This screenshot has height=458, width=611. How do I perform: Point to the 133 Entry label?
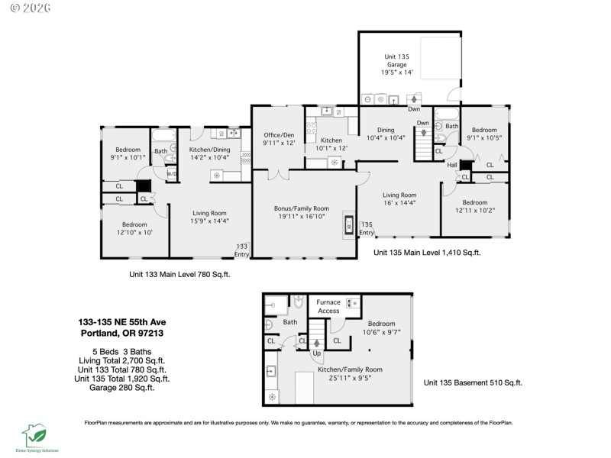click(x=242, y=249)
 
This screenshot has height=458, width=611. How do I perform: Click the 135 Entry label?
click(x=367, y=228)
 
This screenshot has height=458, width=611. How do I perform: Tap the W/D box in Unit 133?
click(x=172, y=173)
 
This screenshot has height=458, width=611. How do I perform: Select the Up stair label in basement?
click(x=316, y=353)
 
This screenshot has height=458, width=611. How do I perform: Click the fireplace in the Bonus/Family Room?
click(x=349, y=224)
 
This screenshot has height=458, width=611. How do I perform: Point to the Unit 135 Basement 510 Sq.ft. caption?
click(x=474, y=382)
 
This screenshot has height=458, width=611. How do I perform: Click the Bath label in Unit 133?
click(x=160, y=151)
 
